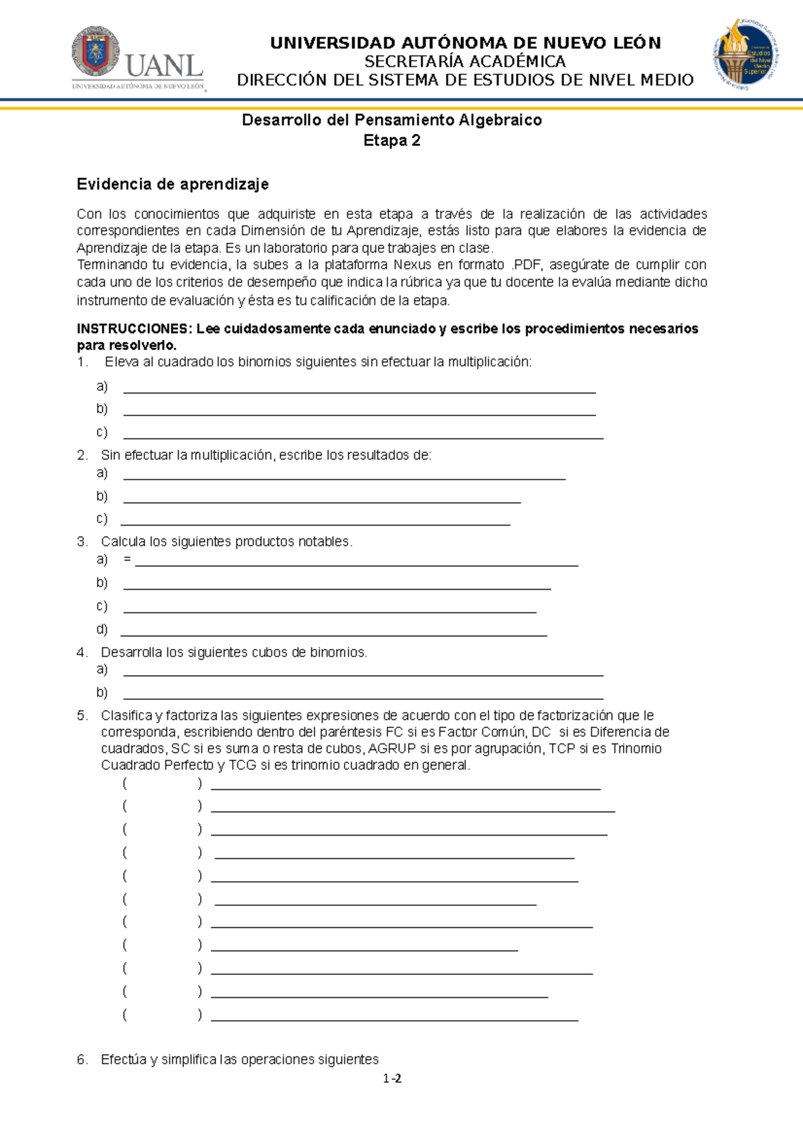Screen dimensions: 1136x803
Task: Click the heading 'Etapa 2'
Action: pyautogui.click(x=391, y=140)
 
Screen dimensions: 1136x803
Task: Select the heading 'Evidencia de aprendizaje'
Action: pyautogui.click(x=173, y=184)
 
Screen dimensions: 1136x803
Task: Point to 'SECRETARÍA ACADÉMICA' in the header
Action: pyautogui.click(x=465, y=62)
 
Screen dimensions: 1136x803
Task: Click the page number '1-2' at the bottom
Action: pyautogui.click(x=392, y=1078)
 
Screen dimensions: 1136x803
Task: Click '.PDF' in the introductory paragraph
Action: pyautogui.click(x=526, y=264)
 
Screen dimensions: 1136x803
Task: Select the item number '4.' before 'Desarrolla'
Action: pyautogui.click(x=82, y=652)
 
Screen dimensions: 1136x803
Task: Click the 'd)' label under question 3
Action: pyautogui.click(x=102, y=629)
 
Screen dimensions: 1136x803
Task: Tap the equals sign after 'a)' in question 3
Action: pyautogui.click(x=127, y=559)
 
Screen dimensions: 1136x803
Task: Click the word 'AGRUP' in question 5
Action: pyautogui.click(x=391, y=749)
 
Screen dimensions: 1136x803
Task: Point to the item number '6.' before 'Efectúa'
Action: pyautogui.click(x=82, y=1060)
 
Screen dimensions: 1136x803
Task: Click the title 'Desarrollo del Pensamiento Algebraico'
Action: pyautogui.click(x=391, y=120)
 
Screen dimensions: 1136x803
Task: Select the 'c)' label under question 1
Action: pyautogui.click(x=102, y=432)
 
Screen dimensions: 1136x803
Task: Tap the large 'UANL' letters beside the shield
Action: pyautogui.click(x=163, y=66)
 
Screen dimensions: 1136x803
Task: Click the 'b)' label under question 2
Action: pyautogui.click(x=102, y=496)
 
